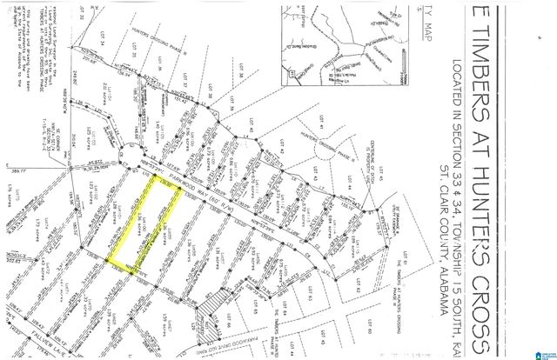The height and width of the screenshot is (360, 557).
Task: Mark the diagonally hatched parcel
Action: (212, 309)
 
